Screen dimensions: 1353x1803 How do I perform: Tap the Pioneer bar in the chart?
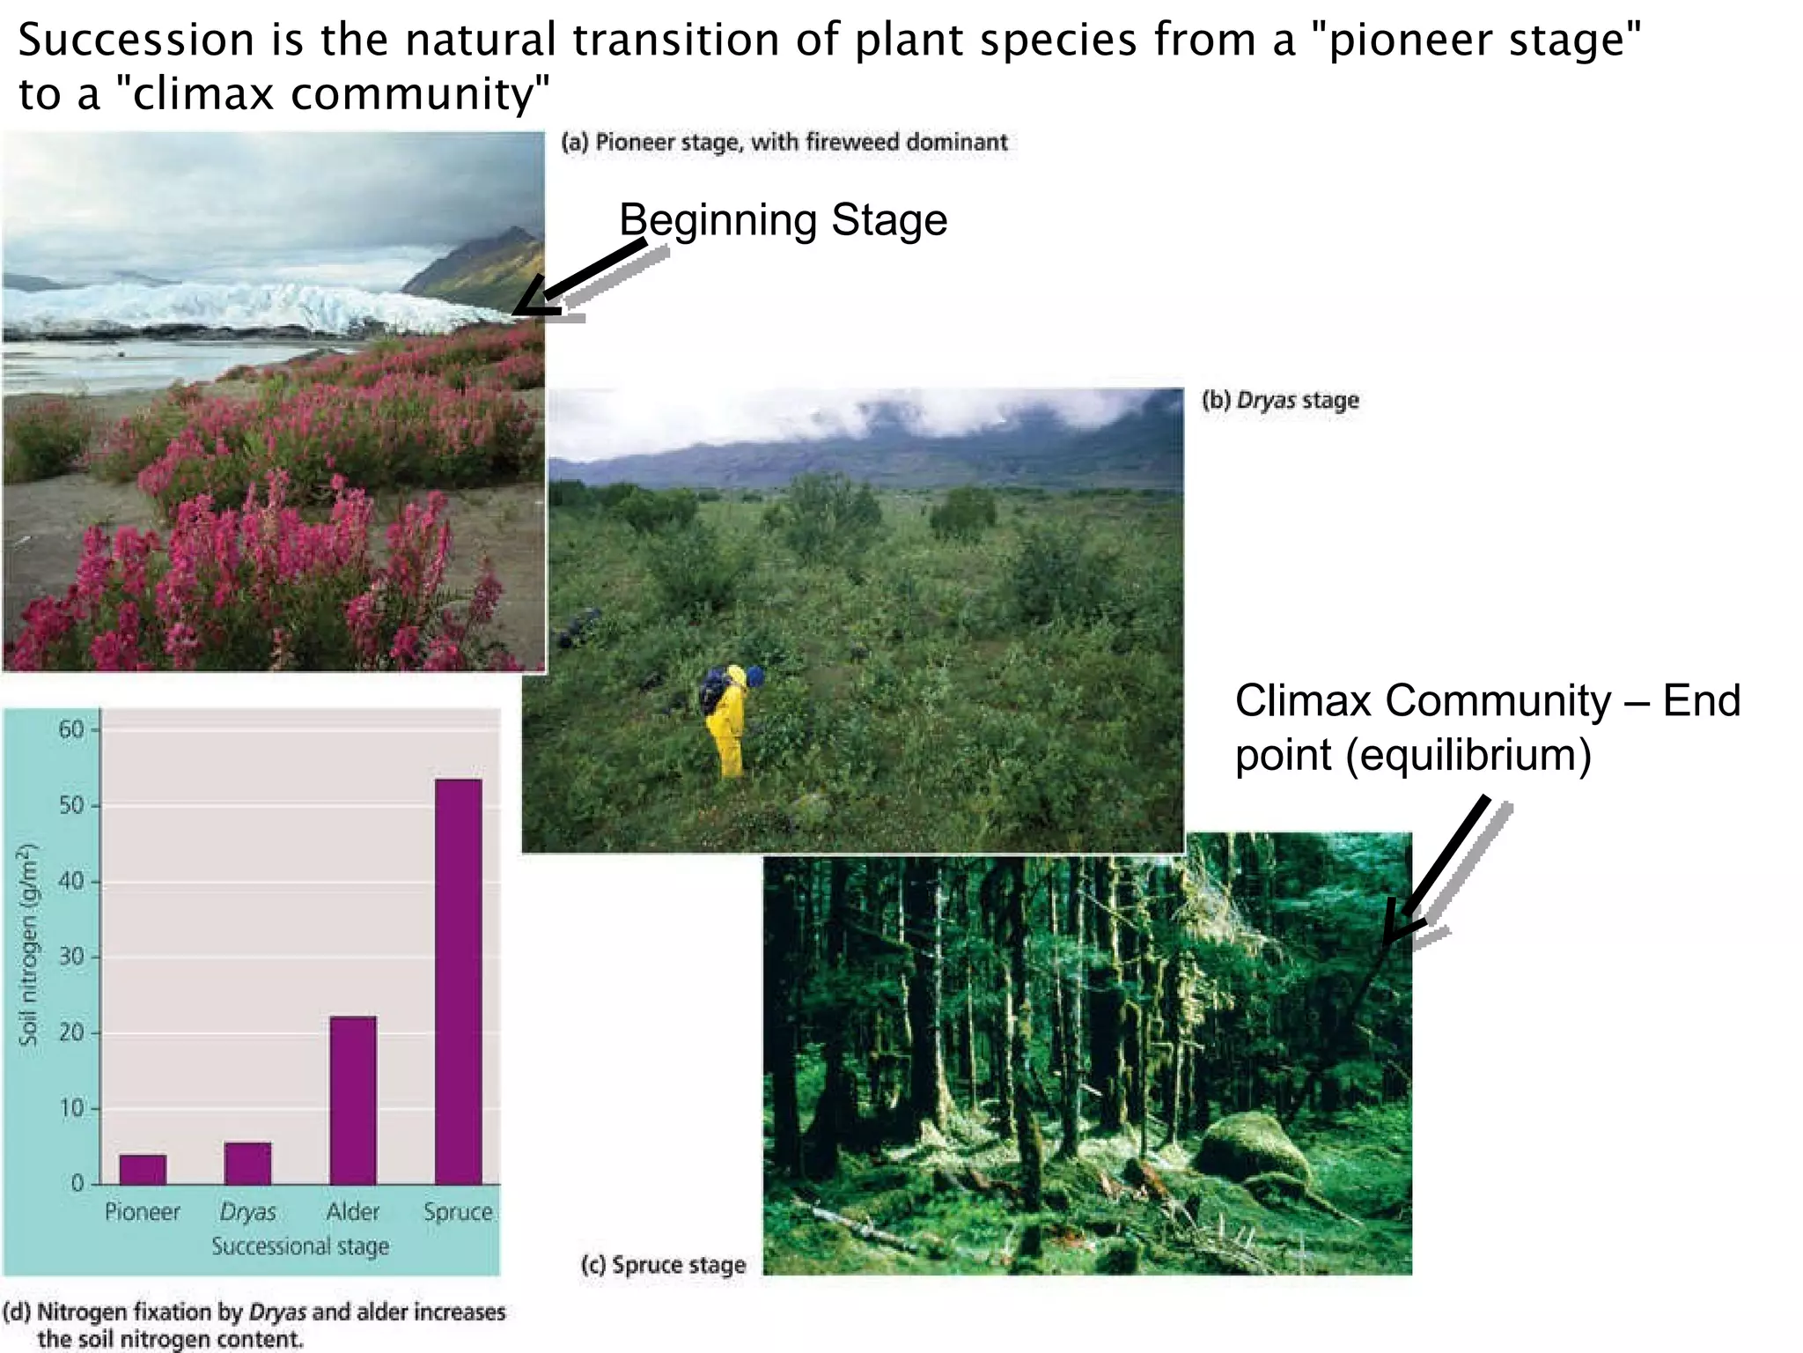tap(143, 1169)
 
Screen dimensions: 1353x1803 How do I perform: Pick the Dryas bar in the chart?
tap(247, 1163)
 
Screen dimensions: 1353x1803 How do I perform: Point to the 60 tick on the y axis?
tap(71, 729)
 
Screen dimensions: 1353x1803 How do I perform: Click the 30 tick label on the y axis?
tap(71, 957)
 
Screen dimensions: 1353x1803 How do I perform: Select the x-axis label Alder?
tap(353, 1212)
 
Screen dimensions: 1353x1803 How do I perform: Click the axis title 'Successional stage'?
tap(300, 1246)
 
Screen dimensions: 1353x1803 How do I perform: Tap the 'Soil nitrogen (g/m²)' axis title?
tap(30, 944)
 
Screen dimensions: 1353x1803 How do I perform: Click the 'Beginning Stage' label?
tap(783, 220)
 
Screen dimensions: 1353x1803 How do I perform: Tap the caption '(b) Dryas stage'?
tap(1280, 401)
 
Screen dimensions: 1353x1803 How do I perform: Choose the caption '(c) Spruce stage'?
tap(663, 1265)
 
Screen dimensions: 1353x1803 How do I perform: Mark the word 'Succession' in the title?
tap(136, 41)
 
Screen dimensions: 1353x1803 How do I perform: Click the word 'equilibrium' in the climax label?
tap(1468, 756)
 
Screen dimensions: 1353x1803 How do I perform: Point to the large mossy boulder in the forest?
tap(1254, 1150)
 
